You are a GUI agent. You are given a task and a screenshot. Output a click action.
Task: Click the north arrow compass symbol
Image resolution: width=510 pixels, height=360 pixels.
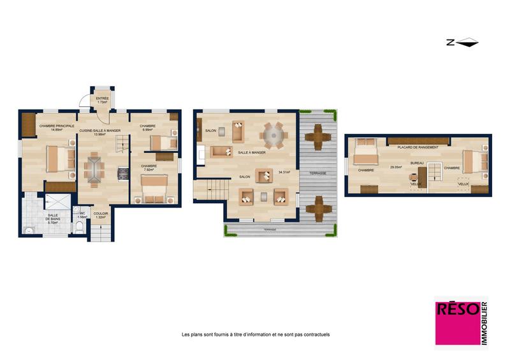(462, 43)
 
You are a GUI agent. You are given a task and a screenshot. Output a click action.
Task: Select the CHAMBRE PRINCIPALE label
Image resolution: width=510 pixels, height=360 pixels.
(57, 126)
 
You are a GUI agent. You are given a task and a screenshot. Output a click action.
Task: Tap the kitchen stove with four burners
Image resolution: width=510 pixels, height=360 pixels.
(122, 172)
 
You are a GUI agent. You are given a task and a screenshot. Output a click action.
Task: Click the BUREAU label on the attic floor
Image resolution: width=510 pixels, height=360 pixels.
(417, 164)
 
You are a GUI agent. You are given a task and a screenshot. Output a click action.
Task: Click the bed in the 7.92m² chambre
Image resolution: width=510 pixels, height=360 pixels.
(154, 188)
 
